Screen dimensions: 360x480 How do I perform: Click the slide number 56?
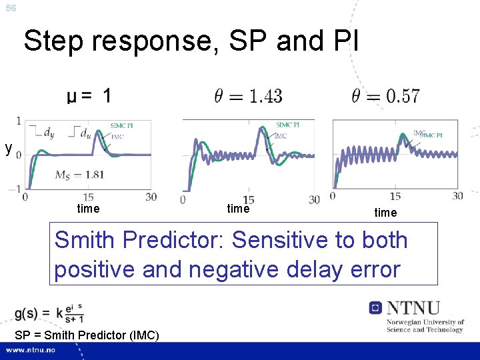(10, 8)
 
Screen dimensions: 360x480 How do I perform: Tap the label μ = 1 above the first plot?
(89, 97)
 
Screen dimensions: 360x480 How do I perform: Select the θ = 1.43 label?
(248, 96)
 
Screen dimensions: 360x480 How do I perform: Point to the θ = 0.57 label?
(387, 96)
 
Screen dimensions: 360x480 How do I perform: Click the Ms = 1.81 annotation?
(79, 175)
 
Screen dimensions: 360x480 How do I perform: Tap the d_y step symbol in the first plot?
(43, 133)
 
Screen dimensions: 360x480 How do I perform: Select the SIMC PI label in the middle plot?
(287, 125)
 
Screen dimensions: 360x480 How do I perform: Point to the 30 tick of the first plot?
(151, 197)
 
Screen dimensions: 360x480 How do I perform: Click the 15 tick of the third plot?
(395, 196)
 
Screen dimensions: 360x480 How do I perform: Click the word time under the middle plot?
(238, 209)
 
